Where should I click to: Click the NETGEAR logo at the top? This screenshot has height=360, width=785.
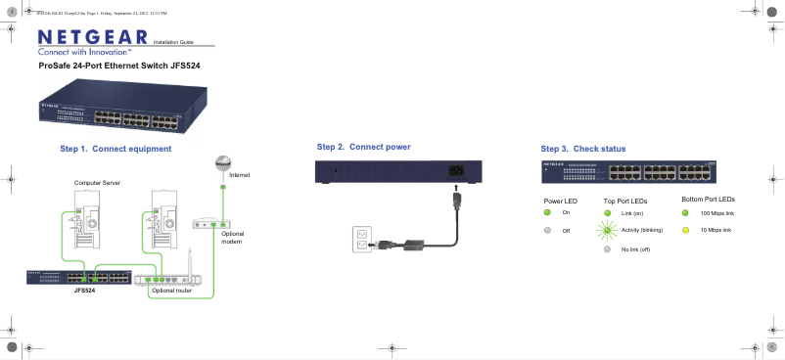click(x=92, y=37)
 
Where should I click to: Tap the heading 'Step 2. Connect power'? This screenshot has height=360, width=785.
click(x=363, y=147)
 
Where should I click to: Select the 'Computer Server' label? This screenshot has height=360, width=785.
click(x=96, y=183)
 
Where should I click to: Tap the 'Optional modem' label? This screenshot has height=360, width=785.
click(x=232, y=238)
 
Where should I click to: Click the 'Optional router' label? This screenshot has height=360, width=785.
click(x=171, y=291)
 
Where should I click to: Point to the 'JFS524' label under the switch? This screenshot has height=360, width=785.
click(x=84, y=291)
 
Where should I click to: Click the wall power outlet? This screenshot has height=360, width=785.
click(x=362, y=240)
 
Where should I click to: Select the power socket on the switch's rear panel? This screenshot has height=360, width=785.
click(x=455, y=174)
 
